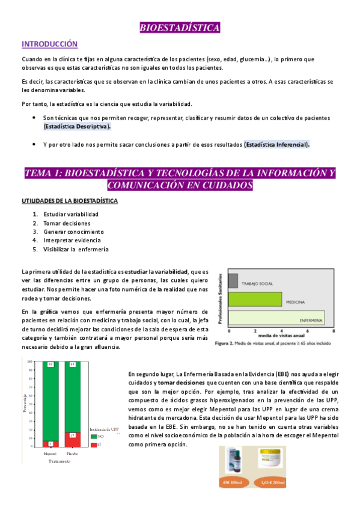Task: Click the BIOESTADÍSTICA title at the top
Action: point(180,28)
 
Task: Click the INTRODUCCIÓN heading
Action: point(50,44)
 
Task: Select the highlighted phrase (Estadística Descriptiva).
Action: point(77,127)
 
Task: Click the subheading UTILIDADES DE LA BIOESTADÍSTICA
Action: point(70,200)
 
